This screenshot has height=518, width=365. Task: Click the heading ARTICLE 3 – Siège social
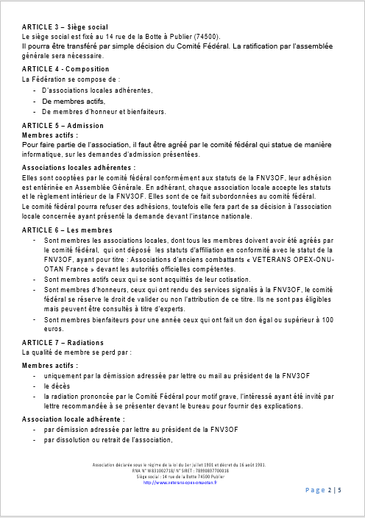click(65, 26)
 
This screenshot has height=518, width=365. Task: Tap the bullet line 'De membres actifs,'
click(74, 101)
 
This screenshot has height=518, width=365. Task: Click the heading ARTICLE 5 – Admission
click(63, 126)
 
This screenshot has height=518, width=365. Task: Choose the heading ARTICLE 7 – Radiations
click(63, 343)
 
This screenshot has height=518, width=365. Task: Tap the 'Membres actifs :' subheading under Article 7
click(51, 364)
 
